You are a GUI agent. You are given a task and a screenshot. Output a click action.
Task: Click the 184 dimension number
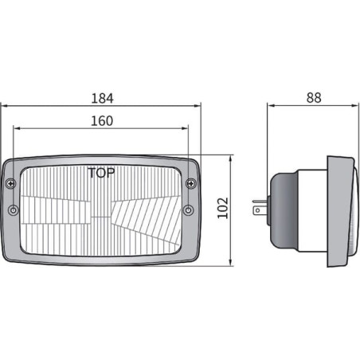[102, 98]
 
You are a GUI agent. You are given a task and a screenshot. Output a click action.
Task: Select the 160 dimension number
[102, 121]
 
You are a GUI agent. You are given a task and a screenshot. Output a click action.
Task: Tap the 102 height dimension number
[223, 208]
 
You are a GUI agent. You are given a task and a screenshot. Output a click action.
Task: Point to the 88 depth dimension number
[314, 97]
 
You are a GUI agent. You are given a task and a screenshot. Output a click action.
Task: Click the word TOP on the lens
[101, 173]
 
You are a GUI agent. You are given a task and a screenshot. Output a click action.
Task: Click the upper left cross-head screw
[10, 183]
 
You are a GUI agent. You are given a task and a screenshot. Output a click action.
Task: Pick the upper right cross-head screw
[191, 183]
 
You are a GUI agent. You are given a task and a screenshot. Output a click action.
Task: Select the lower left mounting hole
[13, 210]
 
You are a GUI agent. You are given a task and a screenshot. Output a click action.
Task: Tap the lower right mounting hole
[188, 210]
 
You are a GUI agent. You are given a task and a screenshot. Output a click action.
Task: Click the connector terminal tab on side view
[260, 207]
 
